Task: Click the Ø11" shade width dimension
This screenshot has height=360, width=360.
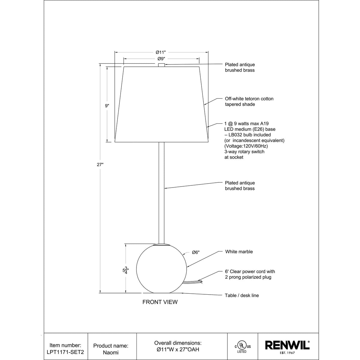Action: coord(161,52)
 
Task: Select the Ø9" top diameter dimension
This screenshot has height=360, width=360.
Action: coord(161,59)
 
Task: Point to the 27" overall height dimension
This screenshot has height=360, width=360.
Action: coord(100,165)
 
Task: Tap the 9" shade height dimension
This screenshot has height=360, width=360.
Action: coord(107,106)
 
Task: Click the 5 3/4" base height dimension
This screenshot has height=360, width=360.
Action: coord(126,270)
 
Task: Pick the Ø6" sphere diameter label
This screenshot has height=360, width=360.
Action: coord(196,252)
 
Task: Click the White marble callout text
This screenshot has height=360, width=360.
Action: coord(239,252)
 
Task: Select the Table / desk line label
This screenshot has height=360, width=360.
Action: coord(242,295)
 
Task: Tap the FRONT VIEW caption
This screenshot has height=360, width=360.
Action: coord(160,302)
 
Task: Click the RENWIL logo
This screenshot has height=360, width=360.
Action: coord(287,345)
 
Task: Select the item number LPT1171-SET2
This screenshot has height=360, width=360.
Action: coord(65,352)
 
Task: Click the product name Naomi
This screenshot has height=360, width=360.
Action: coord(111,352)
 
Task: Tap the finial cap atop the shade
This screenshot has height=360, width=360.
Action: coord(161,65)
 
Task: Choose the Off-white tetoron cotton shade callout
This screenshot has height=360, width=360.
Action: coord(249,101)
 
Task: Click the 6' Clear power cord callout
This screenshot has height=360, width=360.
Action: coord(250,274)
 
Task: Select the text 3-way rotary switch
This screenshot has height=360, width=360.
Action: coord(244,152)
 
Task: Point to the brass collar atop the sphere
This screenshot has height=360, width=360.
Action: coord(161,244)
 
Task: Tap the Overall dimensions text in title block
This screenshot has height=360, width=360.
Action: coord(178,343)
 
